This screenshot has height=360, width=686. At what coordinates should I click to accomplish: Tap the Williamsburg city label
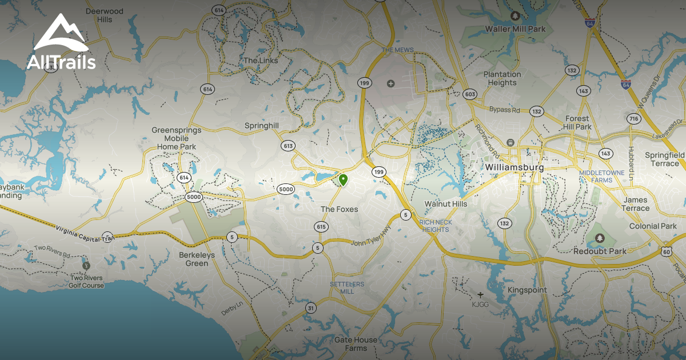tap(514, 167)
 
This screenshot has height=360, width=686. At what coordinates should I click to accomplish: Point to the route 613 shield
tap(288, 146)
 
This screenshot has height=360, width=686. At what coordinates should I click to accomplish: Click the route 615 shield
tap(321, 227)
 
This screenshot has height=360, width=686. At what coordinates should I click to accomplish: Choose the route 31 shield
tap(310, 308)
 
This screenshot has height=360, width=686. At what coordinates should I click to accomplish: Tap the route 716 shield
tap(633, 119)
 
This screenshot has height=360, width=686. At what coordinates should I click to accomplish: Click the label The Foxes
tap(339, 209)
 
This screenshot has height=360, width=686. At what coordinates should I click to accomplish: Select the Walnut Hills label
tap(445, 203)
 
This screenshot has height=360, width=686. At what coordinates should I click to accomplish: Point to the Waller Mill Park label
tap(515, 29)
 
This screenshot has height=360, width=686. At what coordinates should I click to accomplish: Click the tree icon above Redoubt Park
tap(599, 238)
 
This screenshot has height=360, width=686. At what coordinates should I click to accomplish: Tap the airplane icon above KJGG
tap(480, 295)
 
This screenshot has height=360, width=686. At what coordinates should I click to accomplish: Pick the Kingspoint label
tap(527, 290)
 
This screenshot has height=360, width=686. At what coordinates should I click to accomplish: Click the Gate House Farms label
tap(356, 343)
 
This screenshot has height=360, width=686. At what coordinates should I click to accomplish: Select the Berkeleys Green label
tap(197, 259)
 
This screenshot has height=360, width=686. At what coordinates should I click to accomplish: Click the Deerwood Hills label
tap(104, 15)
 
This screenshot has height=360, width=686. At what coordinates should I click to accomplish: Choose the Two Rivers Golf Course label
tap(87, 282)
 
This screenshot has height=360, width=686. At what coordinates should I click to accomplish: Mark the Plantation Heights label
tap(502, 78)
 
